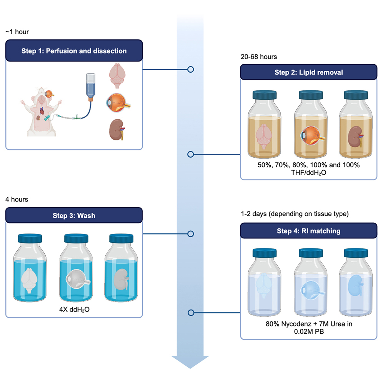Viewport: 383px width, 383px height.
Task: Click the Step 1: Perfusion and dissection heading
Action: pos(74,51)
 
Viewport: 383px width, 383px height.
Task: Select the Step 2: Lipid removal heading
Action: pos(308,72)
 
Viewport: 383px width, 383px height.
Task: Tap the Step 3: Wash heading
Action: pos(74,216)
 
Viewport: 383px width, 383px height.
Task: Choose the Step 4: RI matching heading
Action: pos(308,231)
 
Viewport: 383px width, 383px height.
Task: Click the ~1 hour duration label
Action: pos(17,32)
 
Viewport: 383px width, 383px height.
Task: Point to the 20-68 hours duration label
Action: pos(258,57)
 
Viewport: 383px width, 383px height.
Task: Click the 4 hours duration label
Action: pos(17,200)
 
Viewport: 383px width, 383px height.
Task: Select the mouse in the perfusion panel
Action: pos(40,112)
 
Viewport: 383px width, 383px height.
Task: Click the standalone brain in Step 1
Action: pos(117,75)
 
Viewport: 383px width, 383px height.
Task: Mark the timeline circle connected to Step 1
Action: pos(190,70)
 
